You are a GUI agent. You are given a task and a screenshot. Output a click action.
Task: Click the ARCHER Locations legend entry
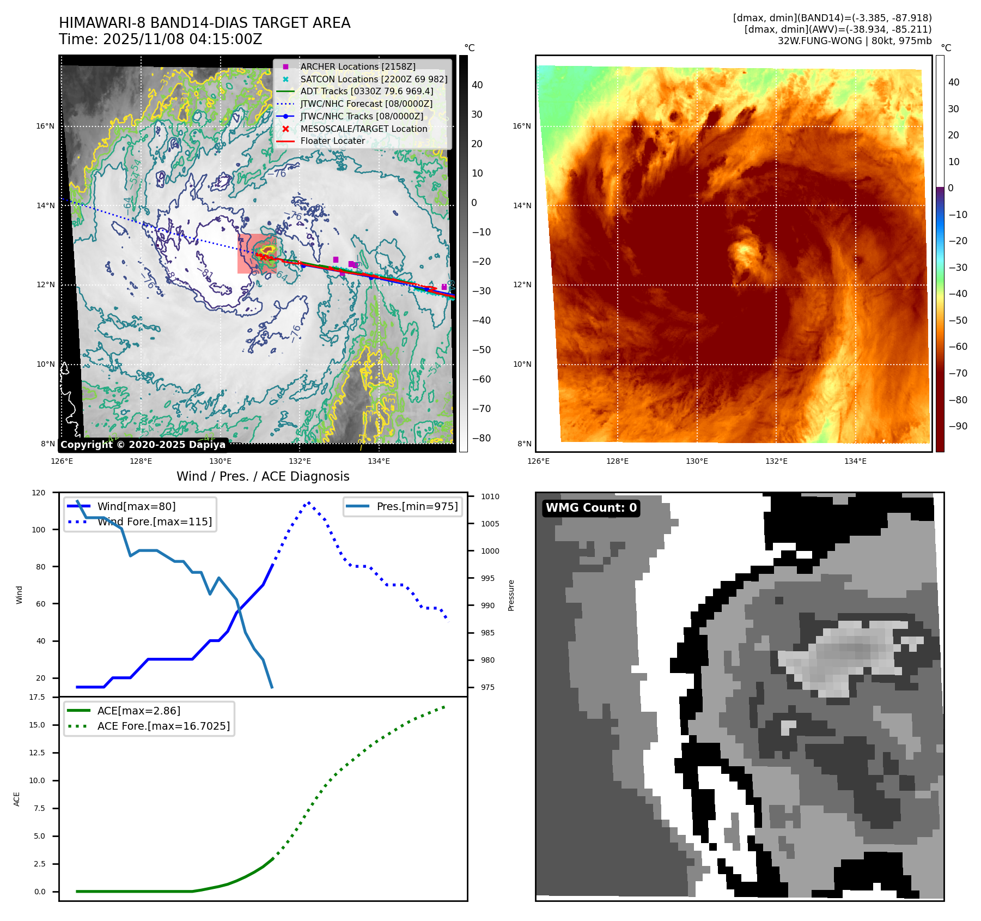tap(357, 66)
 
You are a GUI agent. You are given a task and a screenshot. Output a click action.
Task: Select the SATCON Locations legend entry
tap(374, 79)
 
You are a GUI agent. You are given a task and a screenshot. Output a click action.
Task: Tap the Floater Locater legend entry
tap(332, 141)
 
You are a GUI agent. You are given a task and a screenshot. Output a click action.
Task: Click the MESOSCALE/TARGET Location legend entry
tap(363, 129)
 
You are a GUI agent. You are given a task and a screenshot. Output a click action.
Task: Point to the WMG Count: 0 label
tap(591, 508)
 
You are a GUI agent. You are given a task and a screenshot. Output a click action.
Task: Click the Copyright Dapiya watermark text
tap(143, 445)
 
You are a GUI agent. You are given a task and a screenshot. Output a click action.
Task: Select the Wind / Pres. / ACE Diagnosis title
tap(263, 476)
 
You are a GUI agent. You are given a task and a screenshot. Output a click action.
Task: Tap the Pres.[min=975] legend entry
tap(417, 506)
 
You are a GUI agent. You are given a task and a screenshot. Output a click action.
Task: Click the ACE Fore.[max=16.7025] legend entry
tap(163, 726)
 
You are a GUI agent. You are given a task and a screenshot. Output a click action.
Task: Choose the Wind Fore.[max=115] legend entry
tap(155, 522)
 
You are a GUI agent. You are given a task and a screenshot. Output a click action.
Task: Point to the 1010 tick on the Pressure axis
tap(490, 496)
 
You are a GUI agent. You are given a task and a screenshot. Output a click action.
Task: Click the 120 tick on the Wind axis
tap(39, 493)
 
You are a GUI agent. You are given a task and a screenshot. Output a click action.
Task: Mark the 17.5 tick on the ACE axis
tap(37, 697)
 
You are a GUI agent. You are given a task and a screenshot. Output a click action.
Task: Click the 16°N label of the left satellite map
tap(45, 126)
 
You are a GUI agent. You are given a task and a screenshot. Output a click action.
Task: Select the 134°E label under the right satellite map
tap(855, 461)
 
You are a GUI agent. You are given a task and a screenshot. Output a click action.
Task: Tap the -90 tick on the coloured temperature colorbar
tap(958, 426)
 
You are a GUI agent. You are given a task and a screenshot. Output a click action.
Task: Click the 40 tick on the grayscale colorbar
tap(477, 85)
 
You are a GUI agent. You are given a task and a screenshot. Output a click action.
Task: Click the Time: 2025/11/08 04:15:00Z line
tap(161, 39)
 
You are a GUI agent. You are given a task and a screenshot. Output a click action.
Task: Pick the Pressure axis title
tap(511, 595)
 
